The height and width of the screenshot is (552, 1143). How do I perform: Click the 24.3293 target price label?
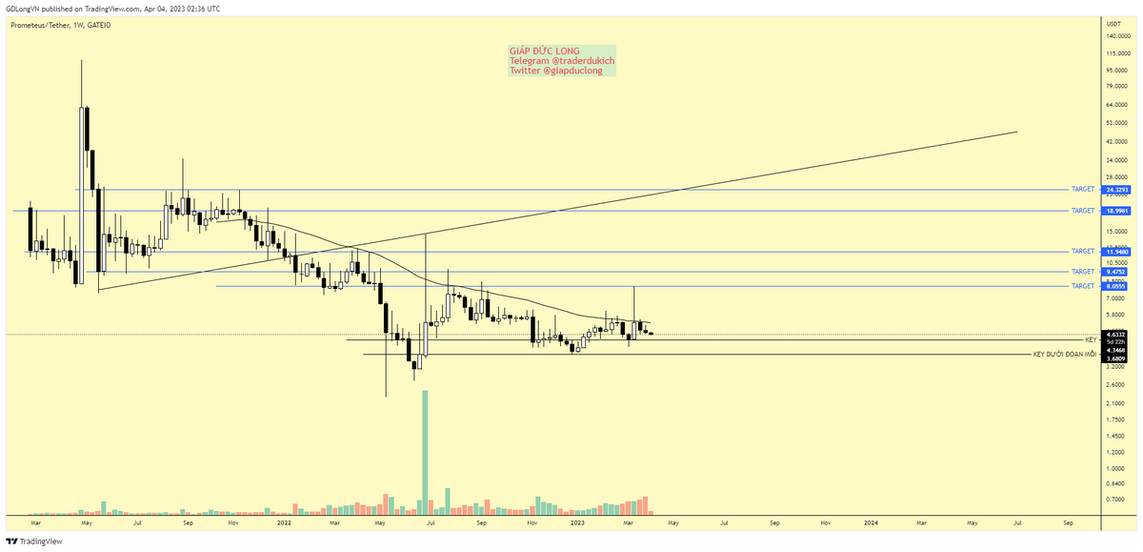1115,190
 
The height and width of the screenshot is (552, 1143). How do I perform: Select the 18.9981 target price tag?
1115,210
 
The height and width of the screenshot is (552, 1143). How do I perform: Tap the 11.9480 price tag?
1115,252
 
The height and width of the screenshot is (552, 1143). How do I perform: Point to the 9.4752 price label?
1115,272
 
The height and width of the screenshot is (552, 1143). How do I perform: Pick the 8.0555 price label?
1115,286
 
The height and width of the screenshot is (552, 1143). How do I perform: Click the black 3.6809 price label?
1115,359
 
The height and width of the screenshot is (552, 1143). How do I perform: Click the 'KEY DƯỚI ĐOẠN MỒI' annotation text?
1065,355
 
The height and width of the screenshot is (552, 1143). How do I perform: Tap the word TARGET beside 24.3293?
1083,190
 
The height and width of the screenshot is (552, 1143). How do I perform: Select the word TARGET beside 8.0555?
1083,286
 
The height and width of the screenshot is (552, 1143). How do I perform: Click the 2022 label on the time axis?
284,523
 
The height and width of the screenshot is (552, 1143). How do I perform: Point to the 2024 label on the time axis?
871,523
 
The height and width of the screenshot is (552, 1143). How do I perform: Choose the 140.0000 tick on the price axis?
1118,37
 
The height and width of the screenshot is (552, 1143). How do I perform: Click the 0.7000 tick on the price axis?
1116,500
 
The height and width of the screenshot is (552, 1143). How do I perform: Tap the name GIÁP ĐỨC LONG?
544,51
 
